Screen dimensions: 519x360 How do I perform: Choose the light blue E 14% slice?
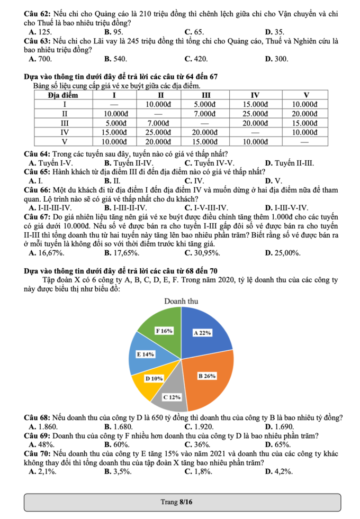click(144, 354)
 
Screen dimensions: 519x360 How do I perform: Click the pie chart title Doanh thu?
click(181, 301)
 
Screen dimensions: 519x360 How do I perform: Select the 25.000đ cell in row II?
click(254, 114)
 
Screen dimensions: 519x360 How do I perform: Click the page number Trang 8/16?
click(179, 501)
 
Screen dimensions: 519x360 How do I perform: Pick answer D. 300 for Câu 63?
click(276, 59)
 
